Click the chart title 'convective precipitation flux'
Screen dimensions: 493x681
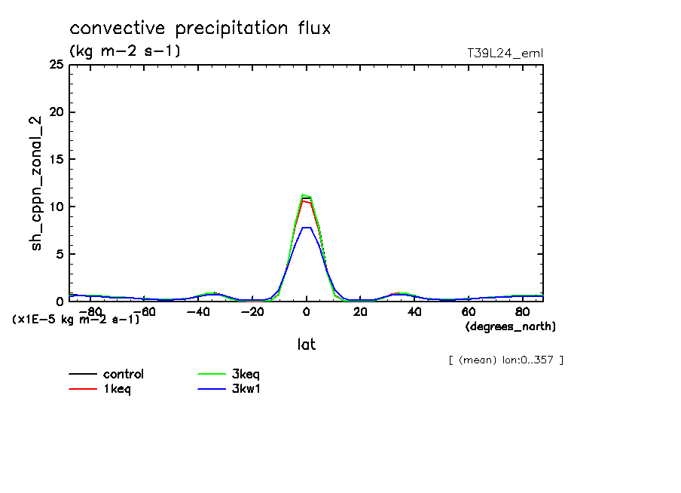click(x=200, y=29)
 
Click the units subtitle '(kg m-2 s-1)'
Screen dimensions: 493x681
click(x=125, y=51)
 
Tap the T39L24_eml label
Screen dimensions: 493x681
click(x=505, y=53)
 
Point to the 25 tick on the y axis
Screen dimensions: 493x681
click(x=56, y=65)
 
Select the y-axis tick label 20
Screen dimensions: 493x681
click(x=56, y=112)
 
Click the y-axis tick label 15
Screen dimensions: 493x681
click(x=56, y=160)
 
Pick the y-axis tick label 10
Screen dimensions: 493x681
click(x=56, y=207)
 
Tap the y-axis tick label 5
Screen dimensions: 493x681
click(x=60, y=254)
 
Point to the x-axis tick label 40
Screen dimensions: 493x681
click(x=414, y=312)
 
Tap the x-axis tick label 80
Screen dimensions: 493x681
click(x=522, y=312)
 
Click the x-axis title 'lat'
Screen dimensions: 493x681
click(x=306, y=344)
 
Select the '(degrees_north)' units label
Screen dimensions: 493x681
click(x=511, y=326)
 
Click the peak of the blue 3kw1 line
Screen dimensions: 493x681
click(x=307, y=227)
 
